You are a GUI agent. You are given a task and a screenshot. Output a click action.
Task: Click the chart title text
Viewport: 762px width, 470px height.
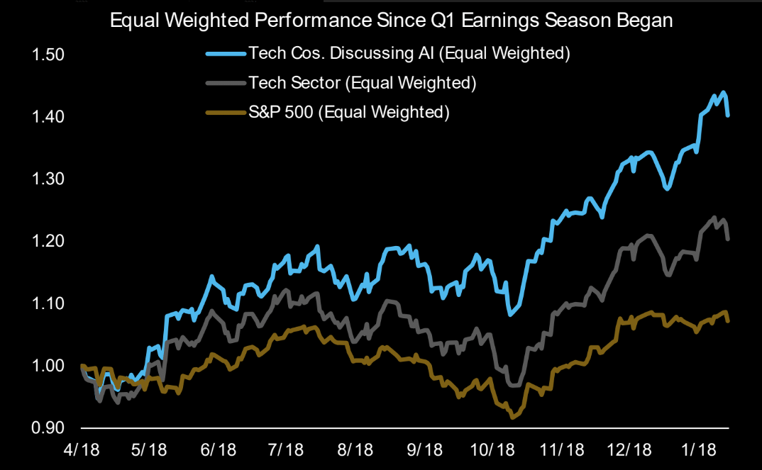coord(391,21)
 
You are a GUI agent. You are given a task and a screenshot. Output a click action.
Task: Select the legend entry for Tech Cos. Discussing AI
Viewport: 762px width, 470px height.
coord(409,53)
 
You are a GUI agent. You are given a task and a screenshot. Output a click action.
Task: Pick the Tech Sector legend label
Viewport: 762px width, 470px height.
coord(361,83)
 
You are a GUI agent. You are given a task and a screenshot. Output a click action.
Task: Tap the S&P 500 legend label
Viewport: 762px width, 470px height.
coord(348,112)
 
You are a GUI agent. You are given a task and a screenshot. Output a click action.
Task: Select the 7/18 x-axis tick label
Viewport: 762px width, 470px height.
coord(287,450)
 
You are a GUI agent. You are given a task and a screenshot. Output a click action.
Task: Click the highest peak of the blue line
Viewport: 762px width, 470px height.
coord(723,92)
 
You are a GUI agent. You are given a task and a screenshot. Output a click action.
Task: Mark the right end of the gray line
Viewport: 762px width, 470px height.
coord(729,240)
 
